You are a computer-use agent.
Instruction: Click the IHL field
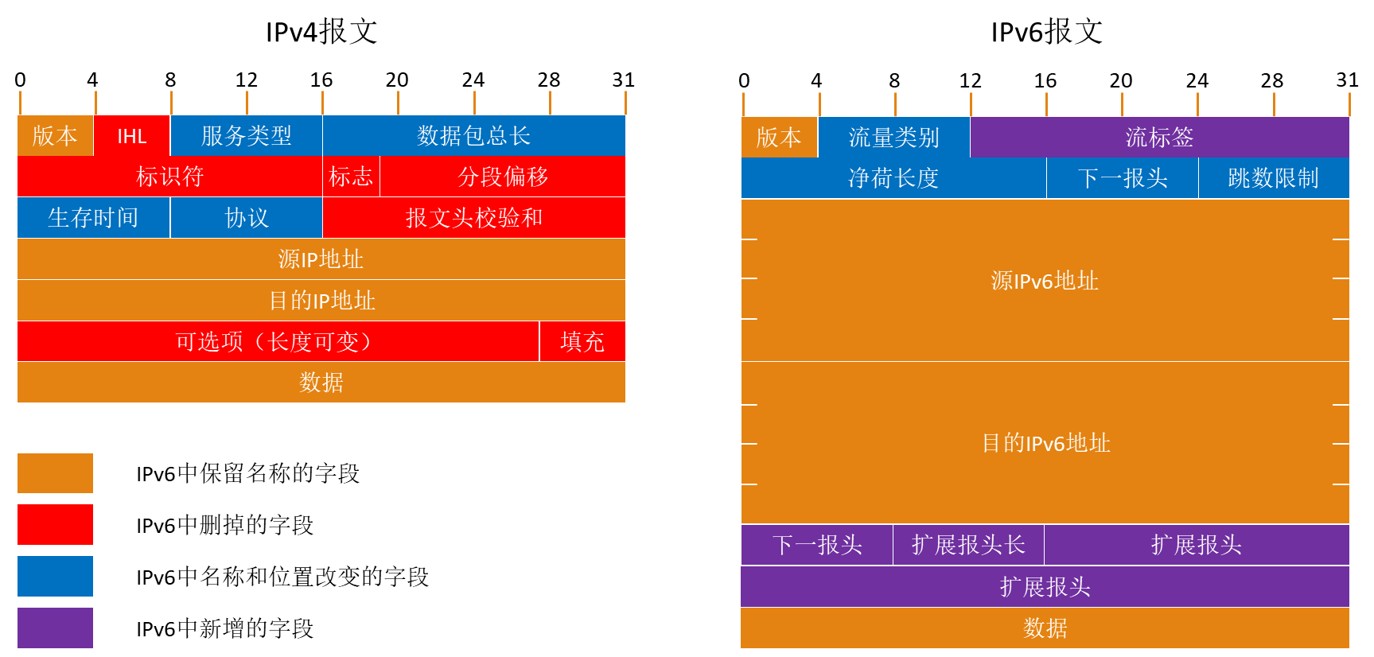click(132, 136)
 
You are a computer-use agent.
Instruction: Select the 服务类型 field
click(247, 136)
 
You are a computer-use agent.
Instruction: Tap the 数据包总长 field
click(474, 136)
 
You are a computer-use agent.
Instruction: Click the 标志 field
click(351, 177)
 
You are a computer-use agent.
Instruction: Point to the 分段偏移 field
click(503, 177)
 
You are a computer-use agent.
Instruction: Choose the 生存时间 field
click(93, 218)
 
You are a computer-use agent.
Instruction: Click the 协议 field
click(247, 218)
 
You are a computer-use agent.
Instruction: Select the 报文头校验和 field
click(474, 218)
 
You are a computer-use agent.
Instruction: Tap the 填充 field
click(582, 342)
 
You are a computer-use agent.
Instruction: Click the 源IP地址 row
click(321, 259)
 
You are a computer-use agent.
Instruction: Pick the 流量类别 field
click(894, 138)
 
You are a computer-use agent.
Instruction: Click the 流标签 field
click(1160, 138)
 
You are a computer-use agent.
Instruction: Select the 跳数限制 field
click(1274, 178)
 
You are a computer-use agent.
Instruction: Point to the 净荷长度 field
click(894, 178)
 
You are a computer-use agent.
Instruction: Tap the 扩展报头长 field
click(968, 545)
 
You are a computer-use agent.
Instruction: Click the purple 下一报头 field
click(817, 545)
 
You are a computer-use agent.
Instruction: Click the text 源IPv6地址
click(1045, 281)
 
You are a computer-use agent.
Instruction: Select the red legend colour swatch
click(55, 525)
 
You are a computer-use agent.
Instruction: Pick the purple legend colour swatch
click(55, 628)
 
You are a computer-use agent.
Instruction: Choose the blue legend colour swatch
click(55, 577)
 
